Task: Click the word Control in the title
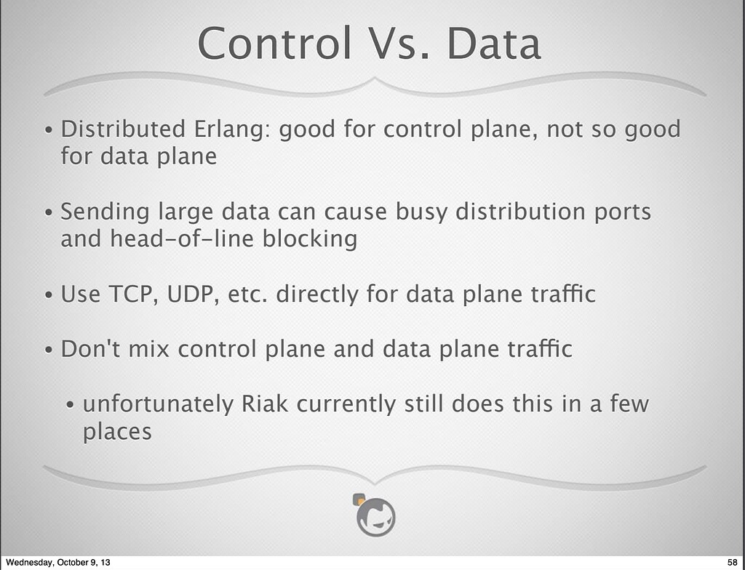274,43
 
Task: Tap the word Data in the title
494,43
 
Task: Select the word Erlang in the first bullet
228,130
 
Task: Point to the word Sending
105,212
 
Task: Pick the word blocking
310,239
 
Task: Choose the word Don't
90,349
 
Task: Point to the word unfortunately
158,405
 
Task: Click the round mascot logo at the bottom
375,515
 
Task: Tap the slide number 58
732,563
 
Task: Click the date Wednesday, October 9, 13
58,563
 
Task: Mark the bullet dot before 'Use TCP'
49,295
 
